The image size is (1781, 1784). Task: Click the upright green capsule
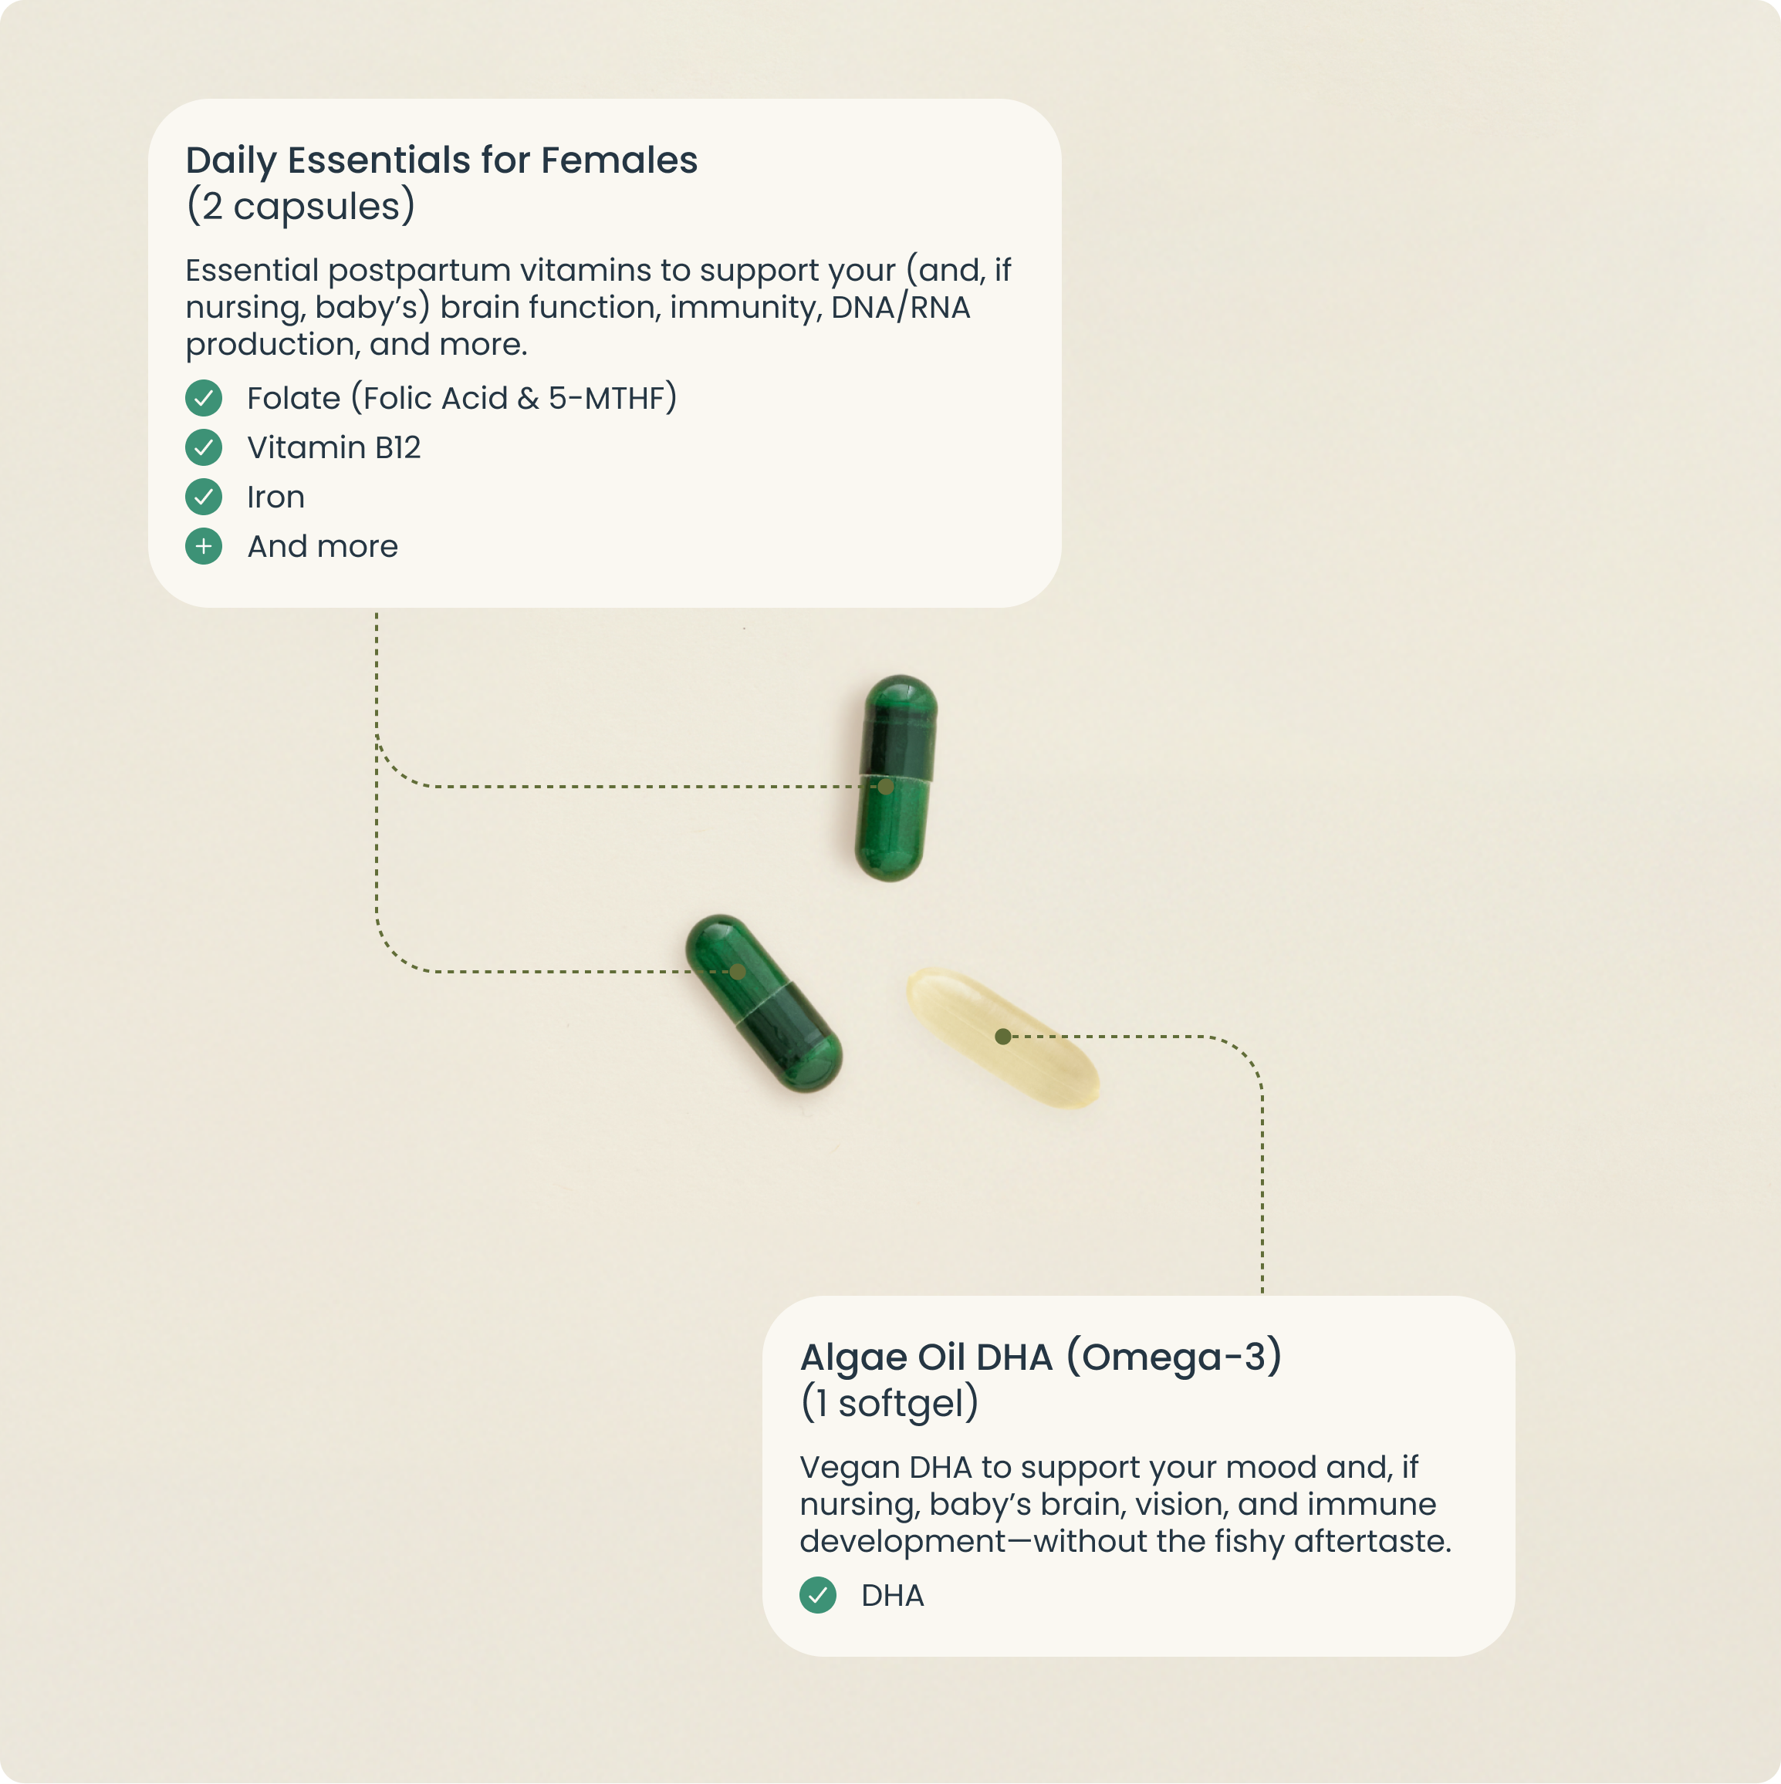[895, 778]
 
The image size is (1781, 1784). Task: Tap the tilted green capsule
[763, 1003]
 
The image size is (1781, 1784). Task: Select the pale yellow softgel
[1003, 1036]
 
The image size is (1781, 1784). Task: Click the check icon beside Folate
[203, 398]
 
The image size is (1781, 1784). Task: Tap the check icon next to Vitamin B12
[203, 448]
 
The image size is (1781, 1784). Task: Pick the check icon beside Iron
[203, 497]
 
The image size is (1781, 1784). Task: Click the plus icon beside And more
[203, 547]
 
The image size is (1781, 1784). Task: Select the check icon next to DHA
[817, 1595]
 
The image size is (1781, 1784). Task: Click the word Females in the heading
[619, 160]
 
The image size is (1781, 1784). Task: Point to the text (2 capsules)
[300, 207]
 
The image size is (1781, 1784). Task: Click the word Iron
[275, 497]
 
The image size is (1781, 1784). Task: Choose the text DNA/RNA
[901, 306]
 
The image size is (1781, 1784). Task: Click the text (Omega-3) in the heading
[1174, 1357]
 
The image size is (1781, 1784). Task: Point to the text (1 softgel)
[890, 1404]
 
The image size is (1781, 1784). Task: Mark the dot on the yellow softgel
[1002, 1037]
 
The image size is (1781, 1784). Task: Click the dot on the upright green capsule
[886, 787]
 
